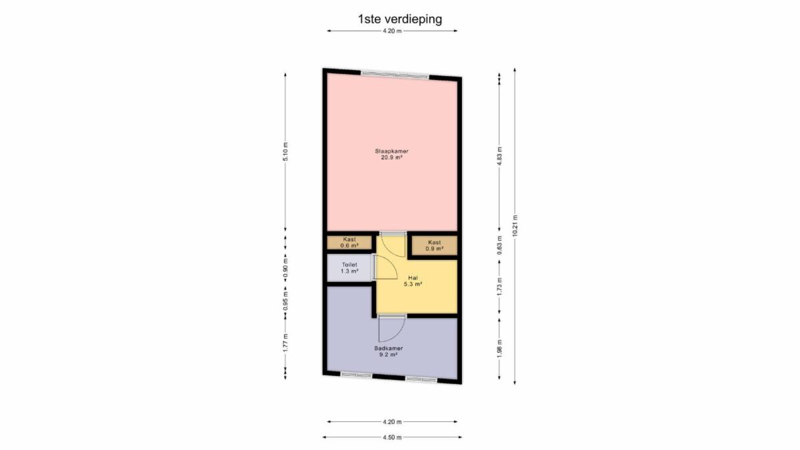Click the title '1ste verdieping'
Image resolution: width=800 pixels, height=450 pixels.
point(400,19)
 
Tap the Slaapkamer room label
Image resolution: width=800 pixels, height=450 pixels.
point(391,151)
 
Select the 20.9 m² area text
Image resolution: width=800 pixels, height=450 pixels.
point(391,157)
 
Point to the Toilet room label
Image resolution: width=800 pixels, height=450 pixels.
point(349,265)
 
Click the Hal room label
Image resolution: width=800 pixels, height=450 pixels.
point(413,278)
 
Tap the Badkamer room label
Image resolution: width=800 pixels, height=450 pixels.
point(389,348)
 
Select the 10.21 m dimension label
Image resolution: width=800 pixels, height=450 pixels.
point(515,226)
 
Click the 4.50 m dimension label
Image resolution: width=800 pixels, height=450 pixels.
point(392,437)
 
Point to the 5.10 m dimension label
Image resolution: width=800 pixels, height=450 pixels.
point(285,152)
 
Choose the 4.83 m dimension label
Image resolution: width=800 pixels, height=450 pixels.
point(499,156)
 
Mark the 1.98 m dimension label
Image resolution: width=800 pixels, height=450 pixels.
point(499,348)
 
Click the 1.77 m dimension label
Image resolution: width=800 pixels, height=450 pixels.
point(285,343)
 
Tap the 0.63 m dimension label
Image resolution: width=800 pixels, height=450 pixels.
point(499,245)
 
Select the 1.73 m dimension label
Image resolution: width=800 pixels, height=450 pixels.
point(499,287)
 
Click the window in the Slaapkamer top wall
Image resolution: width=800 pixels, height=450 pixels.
point(395,75)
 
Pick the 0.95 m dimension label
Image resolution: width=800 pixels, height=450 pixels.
point(285,301)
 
